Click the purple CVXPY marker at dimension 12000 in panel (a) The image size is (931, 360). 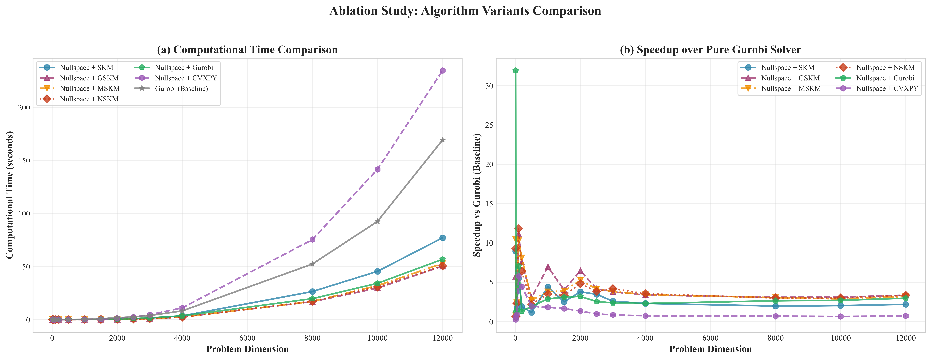442,70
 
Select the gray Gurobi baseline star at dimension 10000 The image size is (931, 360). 377,221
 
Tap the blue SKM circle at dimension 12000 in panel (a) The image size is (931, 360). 442,238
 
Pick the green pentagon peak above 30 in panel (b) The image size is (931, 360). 516,70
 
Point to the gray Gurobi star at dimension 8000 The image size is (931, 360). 312,264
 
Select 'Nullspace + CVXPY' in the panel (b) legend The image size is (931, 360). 887,89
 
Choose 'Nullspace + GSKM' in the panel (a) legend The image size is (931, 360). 89,78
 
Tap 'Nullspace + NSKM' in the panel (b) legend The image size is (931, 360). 885,68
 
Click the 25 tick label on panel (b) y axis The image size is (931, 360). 488,125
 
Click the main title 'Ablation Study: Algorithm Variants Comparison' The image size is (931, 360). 465,11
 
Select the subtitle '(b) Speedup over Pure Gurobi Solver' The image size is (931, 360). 710,50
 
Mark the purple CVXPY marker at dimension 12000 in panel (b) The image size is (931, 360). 905,316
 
